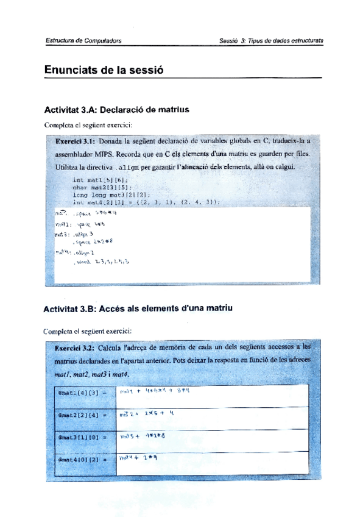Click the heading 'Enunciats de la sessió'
point(105,70)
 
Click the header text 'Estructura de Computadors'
point(82,41)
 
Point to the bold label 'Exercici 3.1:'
point(76,140)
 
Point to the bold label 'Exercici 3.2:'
point(76,347)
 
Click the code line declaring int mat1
point(97,180)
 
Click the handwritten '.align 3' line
point(82,234)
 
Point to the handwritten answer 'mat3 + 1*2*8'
point(144,437)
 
